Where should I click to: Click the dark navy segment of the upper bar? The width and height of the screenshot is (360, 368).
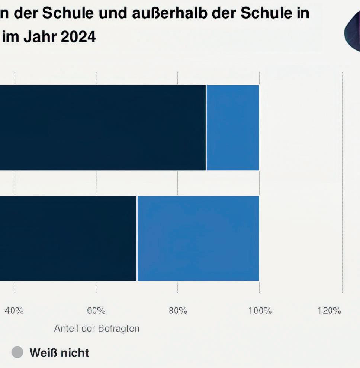[102, 128]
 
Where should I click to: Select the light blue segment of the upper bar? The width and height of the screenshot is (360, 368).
[233, 128]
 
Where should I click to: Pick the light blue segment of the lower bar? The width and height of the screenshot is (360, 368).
[198, 238]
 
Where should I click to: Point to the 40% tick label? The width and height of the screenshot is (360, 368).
[15, 311]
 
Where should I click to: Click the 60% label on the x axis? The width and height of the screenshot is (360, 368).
[96, 311]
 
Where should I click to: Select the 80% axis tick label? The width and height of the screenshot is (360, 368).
[178, 311]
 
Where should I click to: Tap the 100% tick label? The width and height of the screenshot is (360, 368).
[260, 311]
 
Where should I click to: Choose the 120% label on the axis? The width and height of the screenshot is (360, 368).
[329, 311]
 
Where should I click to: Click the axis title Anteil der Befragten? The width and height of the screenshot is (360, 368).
[97, 329]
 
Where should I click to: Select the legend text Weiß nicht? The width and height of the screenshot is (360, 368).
[59, 352]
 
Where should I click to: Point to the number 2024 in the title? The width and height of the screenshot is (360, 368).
[77, 37]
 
